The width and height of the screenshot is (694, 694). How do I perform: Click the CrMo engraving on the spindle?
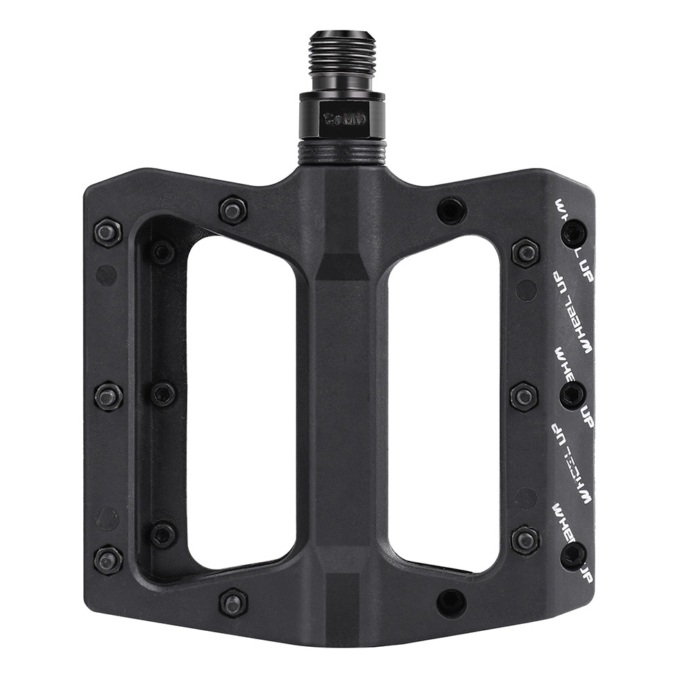click(339, 117)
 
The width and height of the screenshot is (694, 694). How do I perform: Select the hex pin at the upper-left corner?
click(108, 232)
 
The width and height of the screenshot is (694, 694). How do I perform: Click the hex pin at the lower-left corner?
click(108, 559)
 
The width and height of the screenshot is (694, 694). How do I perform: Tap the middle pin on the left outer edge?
click(108, 396)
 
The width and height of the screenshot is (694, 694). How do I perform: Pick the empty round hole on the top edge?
click(451, 210)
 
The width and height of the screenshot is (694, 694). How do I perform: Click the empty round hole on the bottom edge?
click(451, 602)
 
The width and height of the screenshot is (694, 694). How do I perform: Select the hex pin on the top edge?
click(233, 210)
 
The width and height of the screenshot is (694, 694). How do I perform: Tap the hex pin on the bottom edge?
click(233, 602)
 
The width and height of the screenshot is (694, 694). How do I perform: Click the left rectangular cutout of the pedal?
click(239, 403)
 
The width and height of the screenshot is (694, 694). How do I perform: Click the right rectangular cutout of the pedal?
click(444, 403)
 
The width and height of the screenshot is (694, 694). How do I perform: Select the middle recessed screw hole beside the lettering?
click(573, 395)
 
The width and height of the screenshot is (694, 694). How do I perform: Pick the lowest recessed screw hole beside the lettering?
click(573, 555)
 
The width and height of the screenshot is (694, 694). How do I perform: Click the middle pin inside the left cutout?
click(163, 394)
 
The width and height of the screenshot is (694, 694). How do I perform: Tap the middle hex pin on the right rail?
click(524, 396)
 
